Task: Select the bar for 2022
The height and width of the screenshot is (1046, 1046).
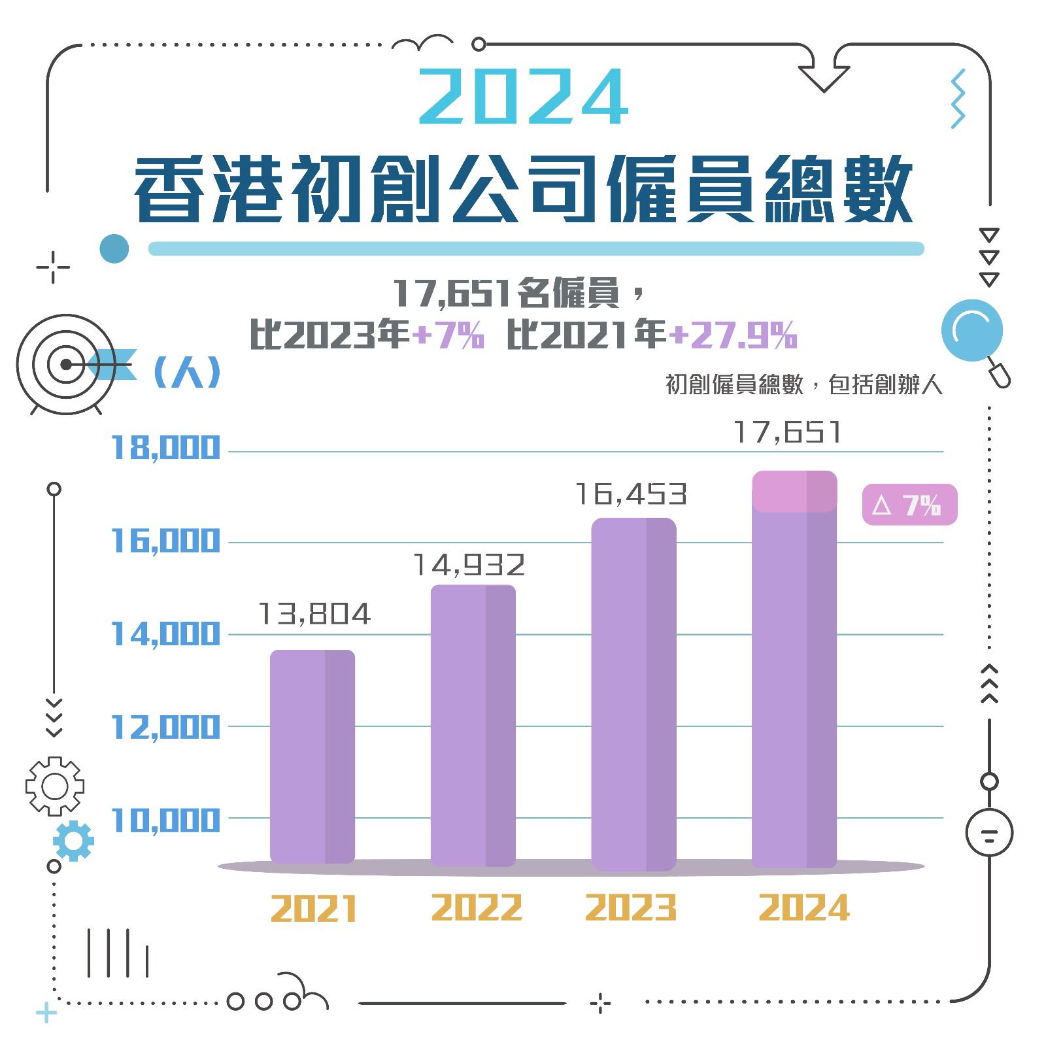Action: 473,725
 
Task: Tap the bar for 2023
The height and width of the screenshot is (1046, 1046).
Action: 633,693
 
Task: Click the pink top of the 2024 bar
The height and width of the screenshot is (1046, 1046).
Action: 794,491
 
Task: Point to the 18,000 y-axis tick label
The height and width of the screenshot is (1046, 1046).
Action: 165,448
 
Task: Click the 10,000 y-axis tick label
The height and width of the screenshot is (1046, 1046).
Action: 165,820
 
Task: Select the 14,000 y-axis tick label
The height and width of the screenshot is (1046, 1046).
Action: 165,634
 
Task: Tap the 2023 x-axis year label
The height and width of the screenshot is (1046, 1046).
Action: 631,908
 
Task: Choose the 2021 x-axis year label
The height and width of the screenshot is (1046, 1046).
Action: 314,909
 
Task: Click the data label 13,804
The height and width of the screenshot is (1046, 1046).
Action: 314,614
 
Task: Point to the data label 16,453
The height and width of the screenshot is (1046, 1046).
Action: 631,494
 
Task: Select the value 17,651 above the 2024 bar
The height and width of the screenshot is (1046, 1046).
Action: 787,432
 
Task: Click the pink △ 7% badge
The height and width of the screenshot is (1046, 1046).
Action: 909,505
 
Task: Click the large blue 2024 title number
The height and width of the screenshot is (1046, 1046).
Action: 523,98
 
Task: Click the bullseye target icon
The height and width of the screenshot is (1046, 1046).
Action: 65,364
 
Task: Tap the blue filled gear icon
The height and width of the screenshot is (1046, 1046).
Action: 73,841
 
